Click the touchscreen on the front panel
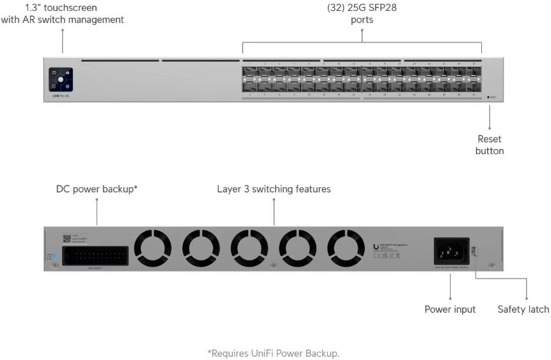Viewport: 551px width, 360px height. tap(61, 81)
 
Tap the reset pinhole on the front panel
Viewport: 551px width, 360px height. tap(490, 97)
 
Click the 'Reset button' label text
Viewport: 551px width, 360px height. tap(490, 145)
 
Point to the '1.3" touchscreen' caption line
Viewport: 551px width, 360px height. tap(62, 8)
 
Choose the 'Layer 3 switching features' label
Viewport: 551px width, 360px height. tap(274, 189)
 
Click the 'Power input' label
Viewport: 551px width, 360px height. tap(450, 309)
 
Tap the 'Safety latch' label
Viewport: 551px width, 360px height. tap(523, 309)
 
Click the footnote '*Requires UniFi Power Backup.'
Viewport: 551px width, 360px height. tap(273, 353)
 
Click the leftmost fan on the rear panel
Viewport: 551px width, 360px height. tap(152, 247)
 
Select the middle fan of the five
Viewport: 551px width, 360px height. tap(249, 247)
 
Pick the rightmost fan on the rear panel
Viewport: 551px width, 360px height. tap(346, 247)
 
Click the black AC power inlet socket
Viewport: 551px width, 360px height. tap(451, 249)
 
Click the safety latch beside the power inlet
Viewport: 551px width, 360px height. tap(475, 251)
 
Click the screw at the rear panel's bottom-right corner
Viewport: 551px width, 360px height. tap(491, 265)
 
